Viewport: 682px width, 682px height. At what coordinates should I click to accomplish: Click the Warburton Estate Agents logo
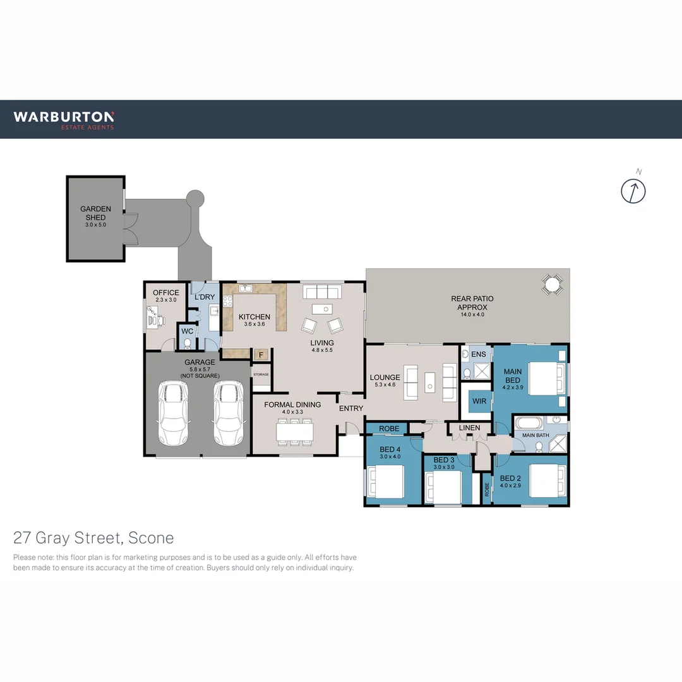click(x=64, y=119)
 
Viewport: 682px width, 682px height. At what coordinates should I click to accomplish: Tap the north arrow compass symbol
click(x=633, y=191)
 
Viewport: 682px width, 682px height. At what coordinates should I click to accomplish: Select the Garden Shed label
click(x=95, y=213)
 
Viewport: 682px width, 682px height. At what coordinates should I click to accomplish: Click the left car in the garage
click(x=172, y=413)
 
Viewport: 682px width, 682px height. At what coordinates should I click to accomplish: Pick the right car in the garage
click(x=228, y=413)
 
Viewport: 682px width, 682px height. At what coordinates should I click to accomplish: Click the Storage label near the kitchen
click(x=261, y=374)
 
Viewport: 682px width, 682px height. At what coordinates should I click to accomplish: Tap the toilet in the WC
click(x=187, y=343)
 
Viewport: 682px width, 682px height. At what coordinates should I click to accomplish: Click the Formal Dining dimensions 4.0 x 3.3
click(x=292, y=412)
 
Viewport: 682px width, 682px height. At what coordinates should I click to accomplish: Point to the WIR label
click(x=479, y=401)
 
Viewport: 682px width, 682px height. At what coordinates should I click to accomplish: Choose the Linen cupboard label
click(x=470, y=428)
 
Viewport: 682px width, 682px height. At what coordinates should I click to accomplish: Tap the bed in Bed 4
click(x=386, y=482)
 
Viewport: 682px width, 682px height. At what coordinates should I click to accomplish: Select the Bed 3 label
click(x=444, y=460)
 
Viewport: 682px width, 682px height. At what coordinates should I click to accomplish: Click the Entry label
click(x=351, y=409)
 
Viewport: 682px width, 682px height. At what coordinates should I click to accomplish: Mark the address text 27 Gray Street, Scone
click(x=93, y=538)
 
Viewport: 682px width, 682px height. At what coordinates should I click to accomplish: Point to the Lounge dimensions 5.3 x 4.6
click(x=385, y=385)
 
